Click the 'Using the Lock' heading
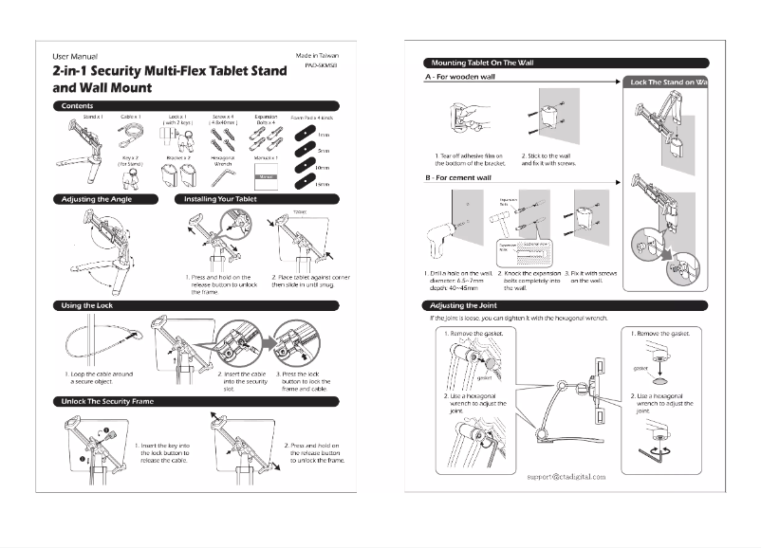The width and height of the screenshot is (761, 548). coord(90,305)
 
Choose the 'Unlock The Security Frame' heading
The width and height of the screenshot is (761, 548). coord(107,401)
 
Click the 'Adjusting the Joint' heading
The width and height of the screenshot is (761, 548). coord(466,305)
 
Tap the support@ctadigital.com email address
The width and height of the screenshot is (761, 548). coord(566,476)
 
